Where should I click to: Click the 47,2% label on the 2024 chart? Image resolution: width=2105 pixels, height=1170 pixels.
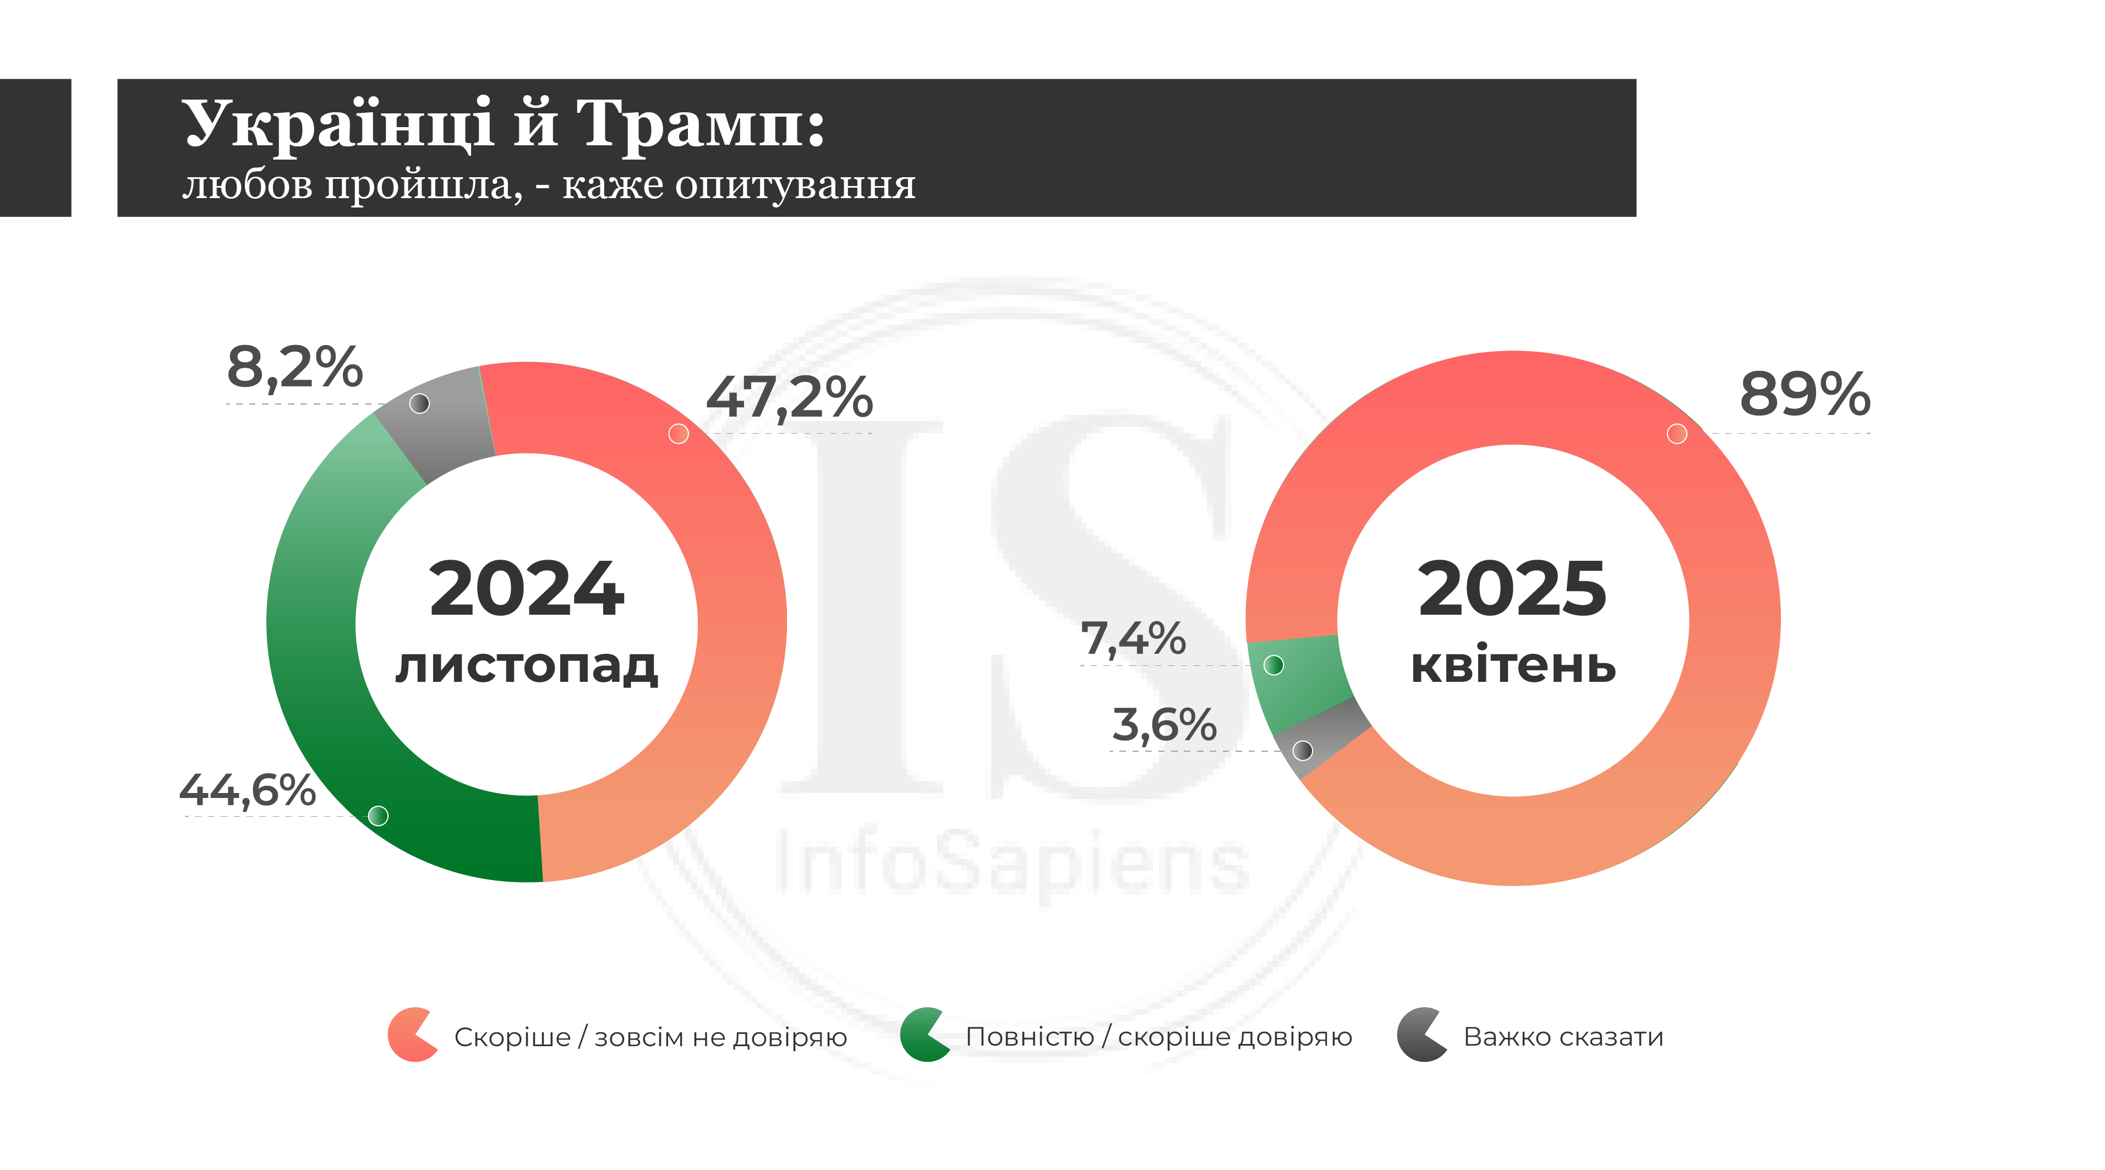(x=789, y=398)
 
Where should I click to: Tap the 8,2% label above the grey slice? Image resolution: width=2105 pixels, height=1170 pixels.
(x=294, y=367)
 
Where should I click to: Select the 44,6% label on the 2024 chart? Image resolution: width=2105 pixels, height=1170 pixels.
(x=248, y=790)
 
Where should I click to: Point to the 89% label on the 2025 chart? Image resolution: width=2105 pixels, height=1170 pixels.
(x=1805, y=394)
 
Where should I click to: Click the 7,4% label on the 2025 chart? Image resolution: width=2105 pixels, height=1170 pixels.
(x=1133, y=638)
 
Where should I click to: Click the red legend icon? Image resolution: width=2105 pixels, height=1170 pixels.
(x=411, y=1035)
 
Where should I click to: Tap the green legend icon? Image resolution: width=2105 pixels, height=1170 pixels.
(x=923, y=1035)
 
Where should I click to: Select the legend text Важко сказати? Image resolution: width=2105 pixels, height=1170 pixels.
(x=1562, y=1037)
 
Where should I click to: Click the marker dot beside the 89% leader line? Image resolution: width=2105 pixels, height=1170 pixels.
(x=1677, y=434)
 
